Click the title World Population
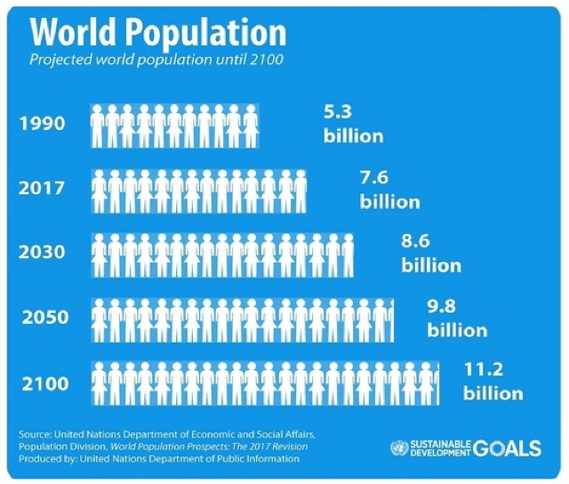(x=158, y=32)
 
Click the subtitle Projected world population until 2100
(x=156, y=60)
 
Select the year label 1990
(x=43, y=124)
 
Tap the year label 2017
(x=42, y=188)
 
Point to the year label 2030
(x=42, y=252)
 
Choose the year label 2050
(x=45, y=318)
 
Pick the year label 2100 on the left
(x=45, y=383)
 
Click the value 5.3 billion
(x=354, y=125)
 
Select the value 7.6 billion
(x=389, y=190)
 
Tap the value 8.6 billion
(x=431, y=254)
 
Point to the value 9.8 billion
(x=457, y=319)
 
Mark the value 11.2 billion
(x=493, y=382)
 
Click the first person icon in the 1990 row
(x=98, y=126)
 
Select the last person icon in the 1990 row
(x=251, y=126)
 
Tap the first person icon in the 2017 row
(x=99, y=191)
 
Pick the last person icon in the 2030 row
(x=348, y=255)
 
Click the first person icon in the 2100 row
(x=99, y=383)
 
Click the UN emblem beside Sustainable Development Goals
(x=399, y=448)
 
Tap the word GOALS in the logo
(x=507, y=448)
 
